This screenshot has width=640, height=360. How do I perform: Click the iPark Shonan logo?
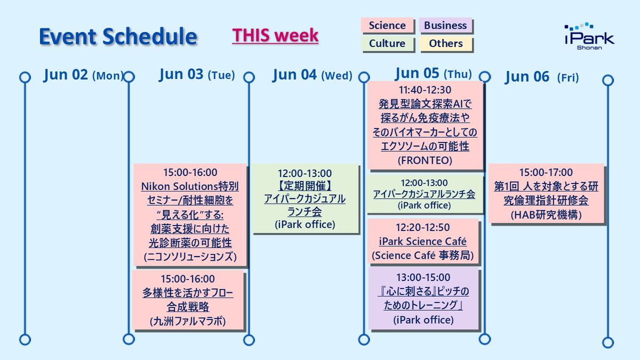589,36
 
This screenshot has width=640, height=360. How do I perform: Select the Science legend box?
387,26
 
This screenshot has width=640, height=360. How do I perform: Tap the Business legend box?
445,26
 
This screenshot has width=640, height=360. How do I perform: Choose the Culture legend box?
387,43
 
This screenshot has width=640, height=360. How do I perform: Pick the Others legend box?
445,43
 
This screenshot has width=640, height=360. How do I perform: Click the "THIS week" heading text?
275,35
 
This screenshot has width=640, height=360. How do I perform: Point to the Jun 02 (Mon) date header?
83,75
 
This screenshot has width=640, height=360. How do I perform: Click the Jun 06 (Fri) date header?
542,77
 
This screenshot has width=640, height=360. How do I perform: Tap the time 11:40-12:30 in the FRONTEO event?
425,90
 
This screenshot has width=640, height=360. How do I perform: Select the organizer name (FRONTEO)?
425,161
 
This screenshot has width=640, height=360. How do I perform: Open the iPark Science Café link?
423,242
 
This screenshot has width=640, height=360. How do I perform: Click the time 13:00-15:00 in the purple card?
423,277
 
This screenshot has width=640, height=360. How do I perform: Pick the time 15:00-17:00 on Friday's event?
546,172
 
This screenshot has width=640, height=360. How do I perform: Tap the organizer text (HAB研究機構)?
546,215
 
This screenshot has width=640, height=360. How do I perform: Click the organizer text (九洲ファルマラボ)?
188,321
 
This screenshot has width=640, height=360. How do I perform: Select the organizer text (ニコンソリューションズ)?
190,257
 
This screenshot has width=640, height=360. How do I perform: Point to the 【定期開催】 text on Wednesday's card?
305,186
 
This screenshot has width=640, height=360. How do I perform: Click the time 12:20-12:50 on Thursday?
423,227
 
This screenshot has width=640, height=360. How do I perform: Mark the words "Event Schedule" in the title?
118,37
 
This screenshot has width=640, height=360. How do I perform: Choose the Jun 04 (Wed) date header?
313,75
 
